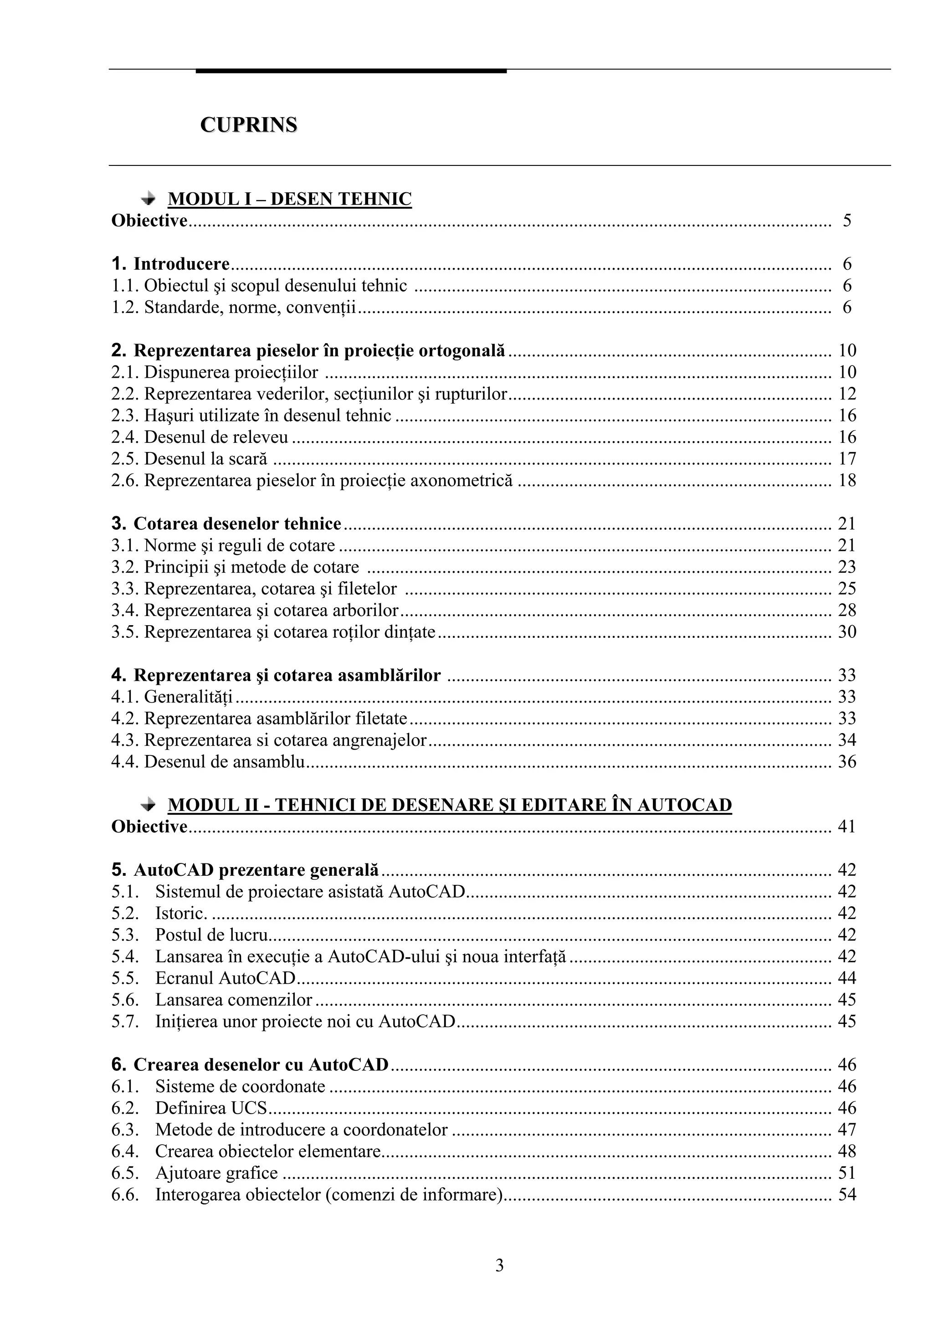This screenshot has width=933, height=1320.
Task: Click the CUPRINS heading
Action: pyautogui.click(x=248, y=125)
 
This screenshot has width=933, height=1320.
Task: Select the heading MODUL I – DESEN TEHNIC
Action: pyautogui.click(x=289, y=199)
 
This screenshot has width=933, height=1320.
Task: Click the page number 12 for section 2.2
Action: pyautogui.click(x=847, y=394)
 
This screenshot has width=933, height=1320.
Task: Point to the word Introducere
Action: pyautogui.click(x=182, y=264)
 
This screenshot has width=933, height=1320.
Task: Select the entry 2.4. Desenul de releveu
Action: pyautogui.click(x=200, y=437)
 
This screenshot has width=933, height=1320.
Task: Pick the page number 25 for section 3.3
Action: pyautogui.click(x=847, y=588)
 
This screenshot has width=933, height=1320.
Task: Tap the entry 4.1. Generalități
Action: pyautogui.click(x=172, y=697)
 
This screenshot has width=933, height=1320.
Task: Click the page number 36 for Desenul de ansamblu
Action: pyautogui.click(x=847, y=762)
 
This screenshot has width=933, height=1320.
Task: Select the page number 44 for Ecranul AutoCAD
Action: pyautogui.click(x=847, y=978)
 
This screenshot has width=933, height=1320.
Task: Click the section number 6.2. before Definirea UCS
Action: pyautogui.click(x=124, y=1108)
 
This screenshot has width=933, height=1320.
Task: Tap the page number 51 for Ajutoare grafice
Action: pyautogui.click(x=847, y=1173)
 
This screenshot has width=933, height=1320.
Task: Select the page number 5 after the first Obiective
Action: pyautogui.click(x=847, y=221)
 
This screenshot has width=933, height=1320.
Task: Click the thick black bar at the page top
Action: pyautogui.click(x=351, y=71)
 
